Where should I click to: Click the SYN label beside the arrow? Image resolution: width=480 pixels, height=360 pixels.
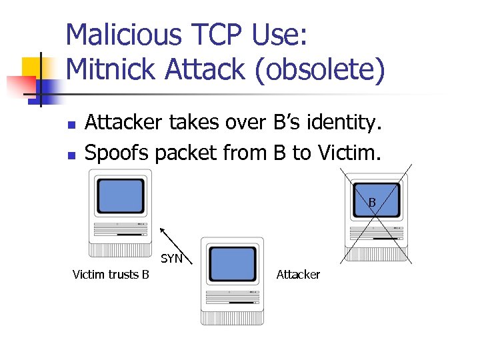coord(171,259)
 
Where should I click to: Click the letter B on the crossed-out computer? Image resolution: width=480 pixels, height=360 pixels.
coord(372,202)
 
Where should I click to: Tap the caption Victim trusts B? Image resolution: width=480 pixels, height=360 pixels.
coord(111,275)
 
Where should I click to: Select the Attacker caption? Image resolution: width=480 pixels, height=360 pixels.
coord(298,275)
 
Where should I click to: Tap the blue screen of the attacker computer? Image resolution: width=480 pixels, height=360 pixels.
coord(232,264)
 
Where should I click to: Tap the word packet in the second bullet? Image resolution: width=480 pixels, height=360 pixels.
coord(183,153)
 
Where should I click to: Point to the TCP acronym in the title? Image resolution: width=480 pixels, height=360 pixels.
coord(209,35)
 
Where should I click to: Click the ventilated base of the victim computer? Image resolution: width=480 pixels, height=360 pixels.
coord(120,250)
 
